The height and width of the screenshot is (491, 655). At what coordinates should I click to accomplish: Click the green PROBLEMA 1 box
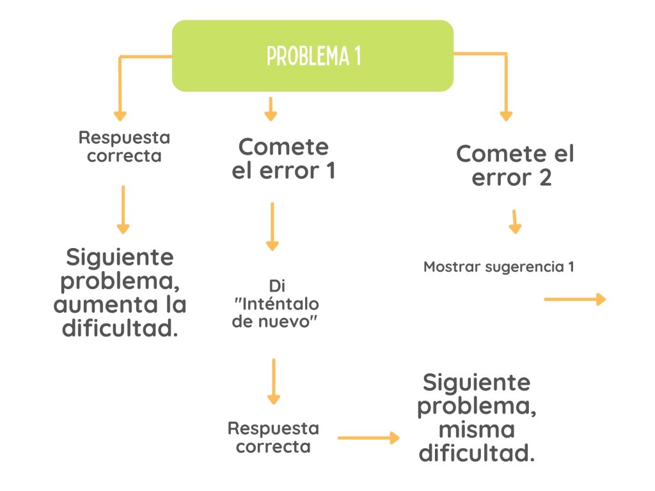point(313,56)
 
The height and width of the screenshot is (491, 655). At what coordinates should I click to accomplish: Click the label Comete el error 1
point(283,159)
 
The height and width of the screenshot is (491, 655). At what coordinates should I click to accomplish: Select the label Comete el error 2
point(515,166)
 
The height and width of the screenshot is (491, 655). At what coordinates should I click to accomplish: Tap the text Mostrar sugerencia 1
point(498,267)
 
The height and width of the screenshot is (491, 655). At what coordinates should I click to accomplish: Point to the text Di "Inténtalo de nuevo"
point(276,304)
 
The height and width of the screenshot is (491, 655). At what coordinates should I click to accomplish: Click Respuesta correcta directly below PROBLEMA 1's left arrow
point(124,146)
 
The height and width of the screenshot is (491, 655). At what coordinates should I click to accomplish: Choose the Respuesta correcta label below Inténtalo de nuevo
point(273,437)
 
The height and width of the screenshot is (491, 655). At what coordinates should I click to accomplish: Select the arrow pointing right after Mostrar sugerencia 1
point(574,299)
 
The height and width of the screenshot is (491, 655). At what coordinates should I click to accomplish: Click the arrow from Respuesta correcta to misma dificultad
point(368,438)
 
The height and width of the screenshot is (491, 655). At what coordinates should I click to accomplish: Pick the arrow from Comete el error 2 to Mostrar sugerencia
point(515,221)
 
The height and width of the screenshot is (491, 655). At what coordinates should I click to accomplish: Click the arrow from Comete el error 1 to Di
point(272,226)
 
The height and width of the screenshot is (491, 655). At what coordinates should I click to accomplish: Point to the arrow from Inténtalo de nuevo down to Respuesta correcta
point(274,381)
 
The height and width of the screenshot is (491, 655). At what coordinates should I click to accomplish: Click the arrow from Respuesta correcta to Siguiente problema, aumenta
point(123,210)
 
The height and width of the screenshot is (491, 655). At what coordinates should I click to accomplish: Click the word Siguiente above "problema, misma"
point(477,382)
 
